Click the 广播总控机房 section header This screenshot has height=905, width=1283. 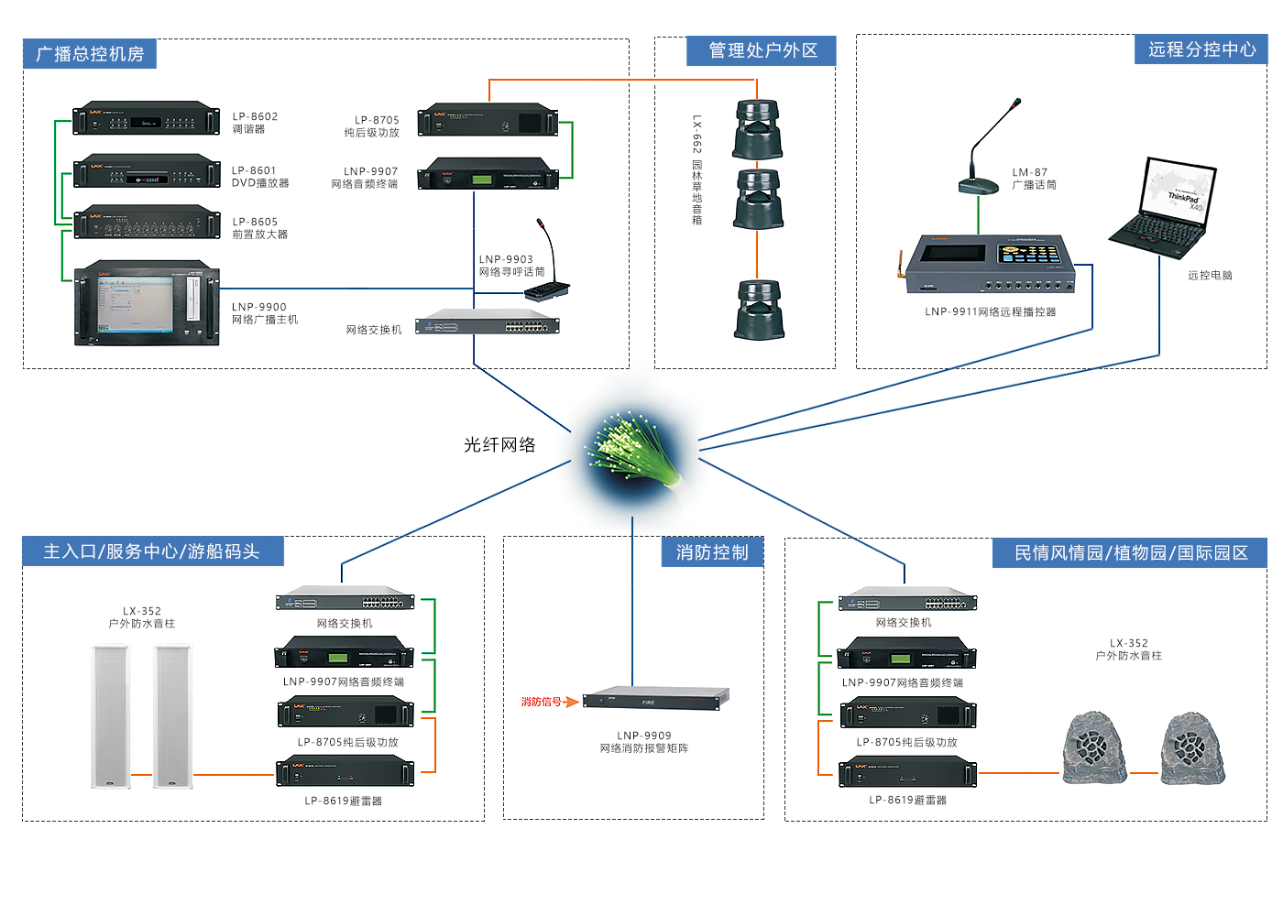click(x=90, y=54)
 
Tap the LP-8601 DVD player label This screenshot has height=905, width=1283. click(x=259, y=177)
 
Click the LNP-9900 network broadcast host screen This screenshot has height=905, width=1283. click(x=135, y=306)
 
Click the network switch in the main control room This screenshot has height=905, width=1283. click(x=487, y=322)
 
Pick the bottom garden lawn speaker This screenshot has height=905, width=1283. click(x=758, y=310)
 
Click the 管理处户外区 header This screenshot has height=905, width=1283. click(x=762, y=50)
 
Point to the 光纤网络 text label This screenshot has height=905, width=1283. click(x=499, y=444)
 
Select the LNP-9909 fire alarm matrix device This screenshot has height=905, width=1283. click(x=655, y=698)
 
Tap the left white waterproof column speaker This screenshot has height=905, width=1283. click(x=110, y=716)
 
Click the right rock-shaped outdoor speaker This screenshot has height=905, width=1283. click(x=1191, y=748)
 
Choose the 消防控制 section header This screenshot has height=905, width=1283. click(x=712, y=552)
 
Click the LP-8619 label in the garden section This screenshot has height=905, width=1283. click(x=907, y=800)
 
